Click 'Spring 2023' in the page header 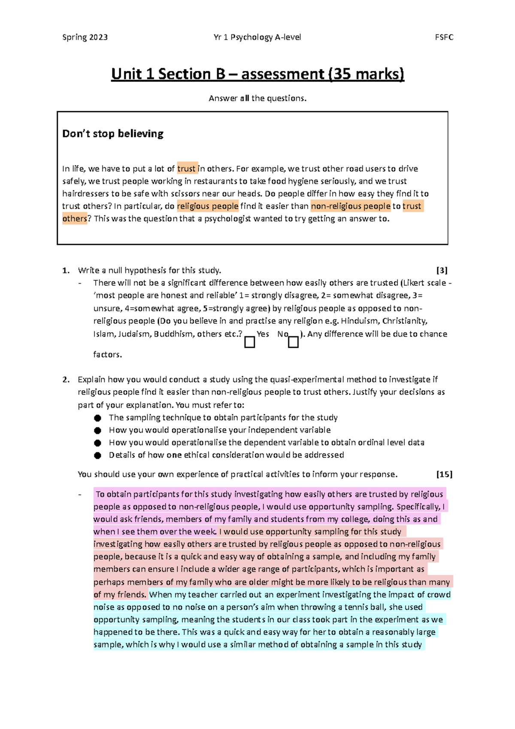85,37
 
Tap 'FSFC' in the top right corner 444,37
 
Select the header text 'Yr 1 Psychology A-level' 257,37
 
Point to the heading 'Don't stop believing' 113,134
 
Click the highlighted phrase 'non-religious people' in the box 351,206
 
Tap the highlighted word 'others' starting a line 75,219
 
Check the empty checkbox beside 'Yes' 250,342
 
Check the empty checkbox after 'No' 293,342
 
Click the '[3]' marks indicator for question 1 442,270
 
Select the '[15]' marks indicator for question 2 444,474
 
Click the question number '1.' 66,270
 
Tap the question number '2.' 66,380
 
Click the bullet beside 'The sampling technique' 98,418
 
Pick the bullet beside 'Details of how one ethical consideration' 98,456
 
